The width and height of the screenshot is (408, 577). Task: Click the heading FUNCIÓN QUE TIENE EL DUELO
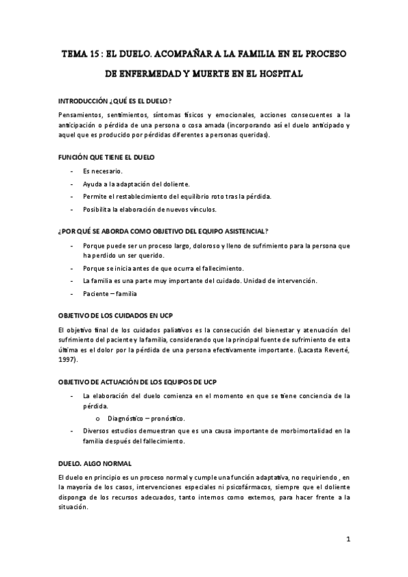106,157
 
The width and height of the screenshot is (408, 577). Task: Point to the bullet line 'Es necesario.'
103,171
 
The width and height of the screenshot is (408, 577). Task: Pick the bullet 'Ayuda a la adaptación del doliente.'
136,184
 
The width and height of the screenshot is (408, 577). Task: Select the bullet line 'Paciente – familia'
110,294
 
